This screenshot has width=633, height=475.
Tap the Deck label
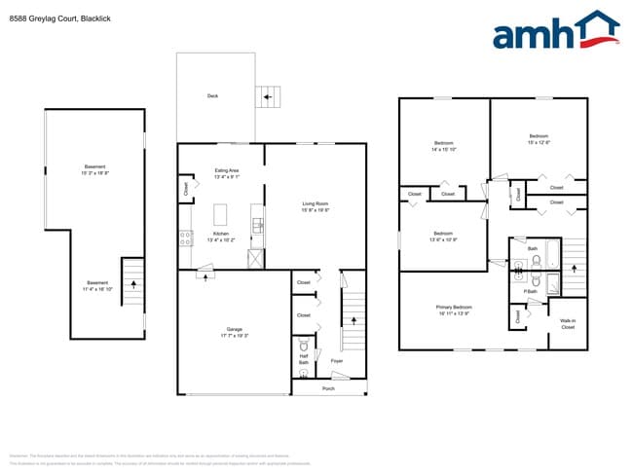pos(212,95)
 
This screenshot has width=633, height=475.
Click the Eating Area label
pos(227,173)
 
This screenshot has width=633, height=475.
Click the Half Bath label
pos(303,359)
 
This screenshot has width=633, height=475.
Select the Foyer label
pos(337,361)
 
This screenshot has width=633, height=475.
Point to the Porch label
pos(329,386)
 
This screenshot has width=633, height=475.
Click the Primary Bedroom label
pos(455,310)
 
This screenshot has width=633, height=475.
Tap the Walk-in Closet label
pos(567,325)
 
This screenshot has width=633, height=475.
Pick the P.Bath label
pos(532,291)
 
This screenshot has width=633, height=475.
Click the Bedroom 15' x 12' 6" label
pos(539,138)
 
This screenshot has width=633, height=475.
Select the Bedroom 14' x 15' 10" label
pos(443,147)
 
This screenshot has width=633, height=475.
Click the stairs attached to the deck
pos(267,96)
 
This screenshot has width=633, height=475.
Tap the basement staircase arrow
pos(132,282)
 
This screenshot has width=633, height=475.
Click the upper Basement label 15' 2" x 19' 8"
pos(95,169)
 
